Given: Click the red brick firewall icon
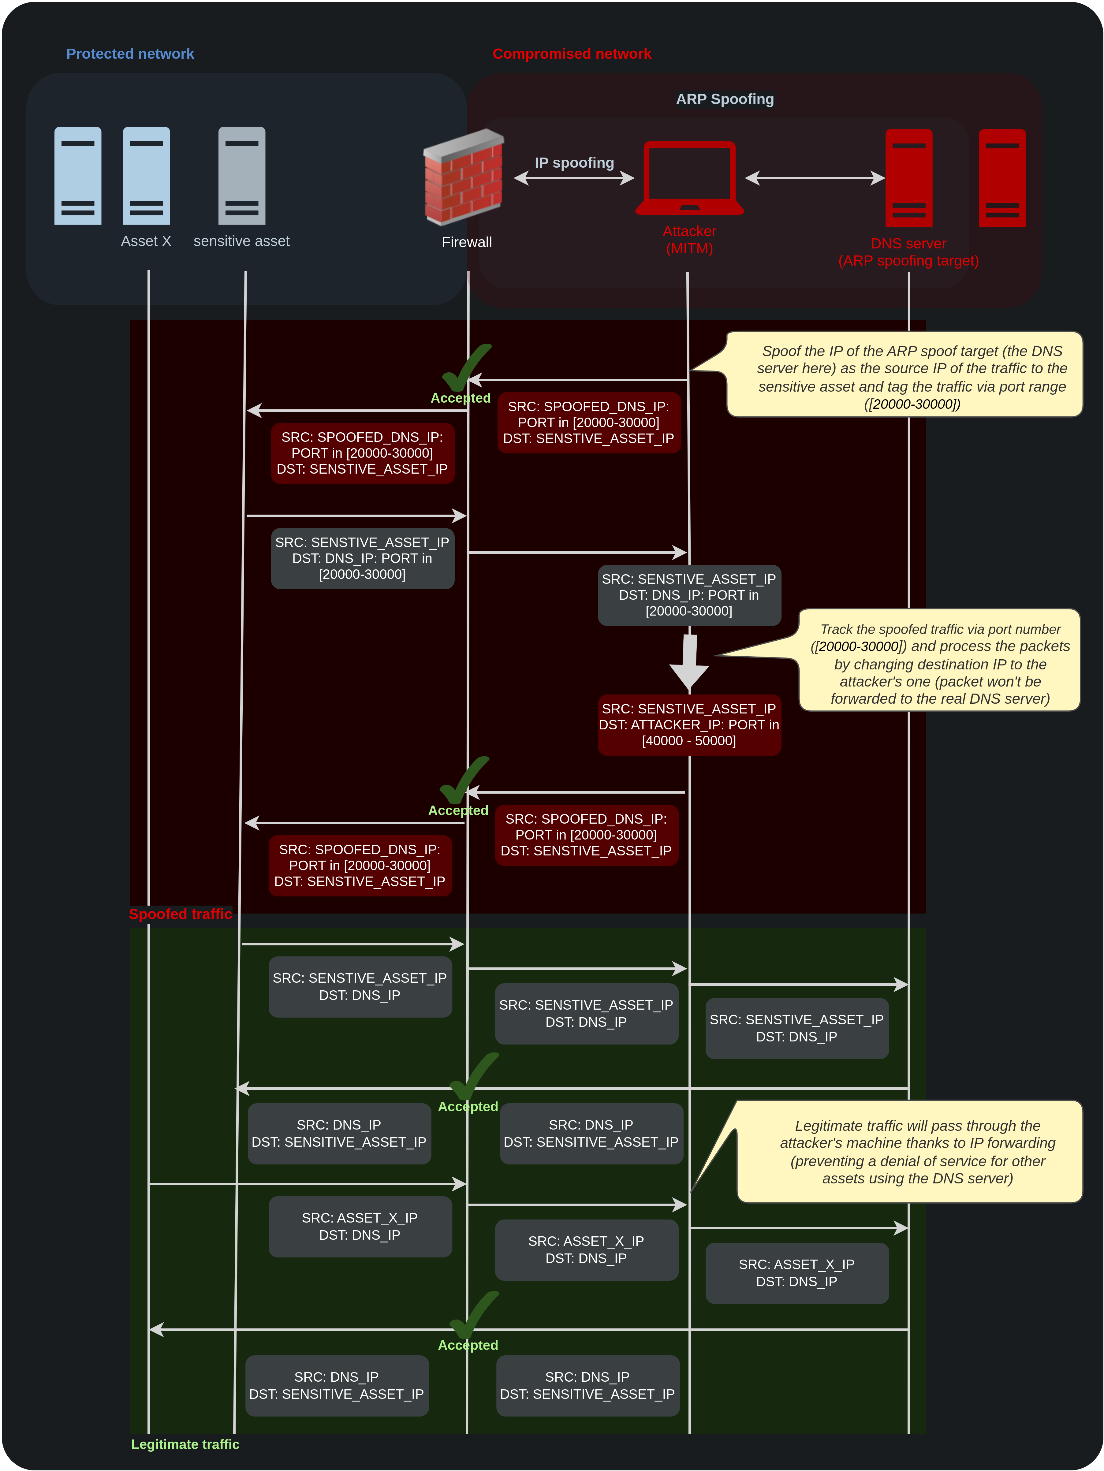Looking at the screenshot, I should pos(464,177).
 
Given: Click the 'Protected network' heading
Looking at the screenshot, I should pos(130,54).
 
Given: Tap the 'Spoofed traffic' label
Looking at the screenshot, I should pos(180,914).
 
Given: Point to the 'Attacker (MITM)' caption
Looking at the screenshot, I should pos(690,240).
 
